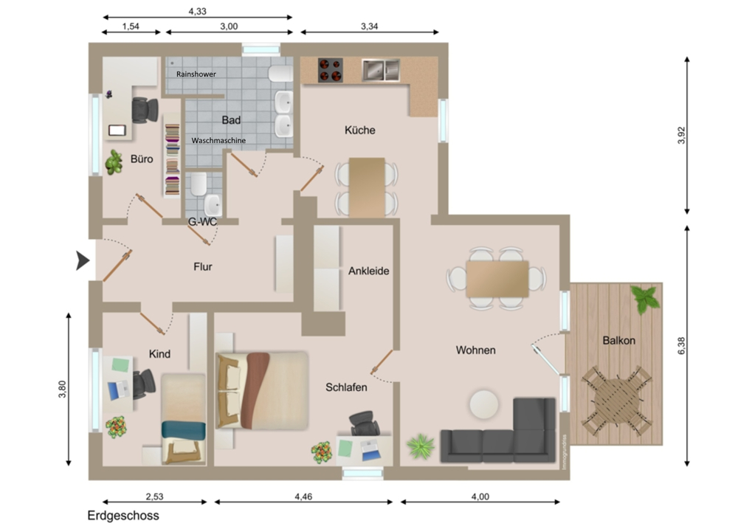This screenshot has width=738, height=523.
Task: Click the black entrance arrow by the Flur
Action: tap(83, 260)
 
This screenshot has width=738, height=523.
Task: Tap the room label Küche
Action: tap(360, 131)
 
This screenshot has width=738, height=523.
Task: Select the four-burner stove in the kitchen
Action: tap(331, 70)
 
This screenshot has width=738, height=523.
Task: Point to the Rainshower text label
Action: tap(196, 75)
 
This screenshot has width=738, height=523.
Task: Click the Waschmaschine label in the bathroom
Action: tap(218, 139)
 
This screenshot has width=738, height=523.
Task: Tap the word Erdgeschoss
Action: tap(123, 516)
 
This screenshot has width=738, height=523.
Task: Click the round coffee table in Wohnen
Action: tap(485, 404)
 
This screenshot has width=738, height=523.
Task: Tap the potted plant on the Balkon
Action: tap(646, 299)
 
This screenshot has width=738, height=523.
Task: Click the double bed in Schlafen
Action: tap(262, 390)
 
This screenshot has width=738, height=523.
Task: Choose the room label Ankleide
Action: tap(368, 271)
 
